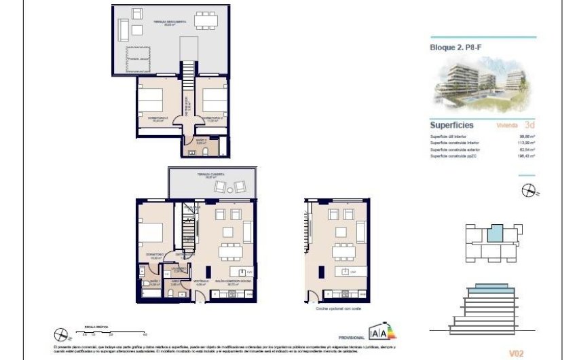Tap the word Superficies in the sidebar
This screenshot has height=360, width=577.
pos(451,125)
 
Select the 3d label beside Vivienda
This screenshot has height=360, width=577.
pos(530,125)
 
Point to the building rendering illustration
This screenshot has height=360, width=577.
pos(483,82)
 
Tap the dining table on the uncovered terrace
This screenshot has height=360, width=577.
pos(206,21)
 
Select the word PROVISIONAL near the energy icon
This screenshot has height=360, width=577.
pos(351,338)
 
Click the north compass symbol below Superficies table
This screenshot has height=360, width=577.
pos(529,192)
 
